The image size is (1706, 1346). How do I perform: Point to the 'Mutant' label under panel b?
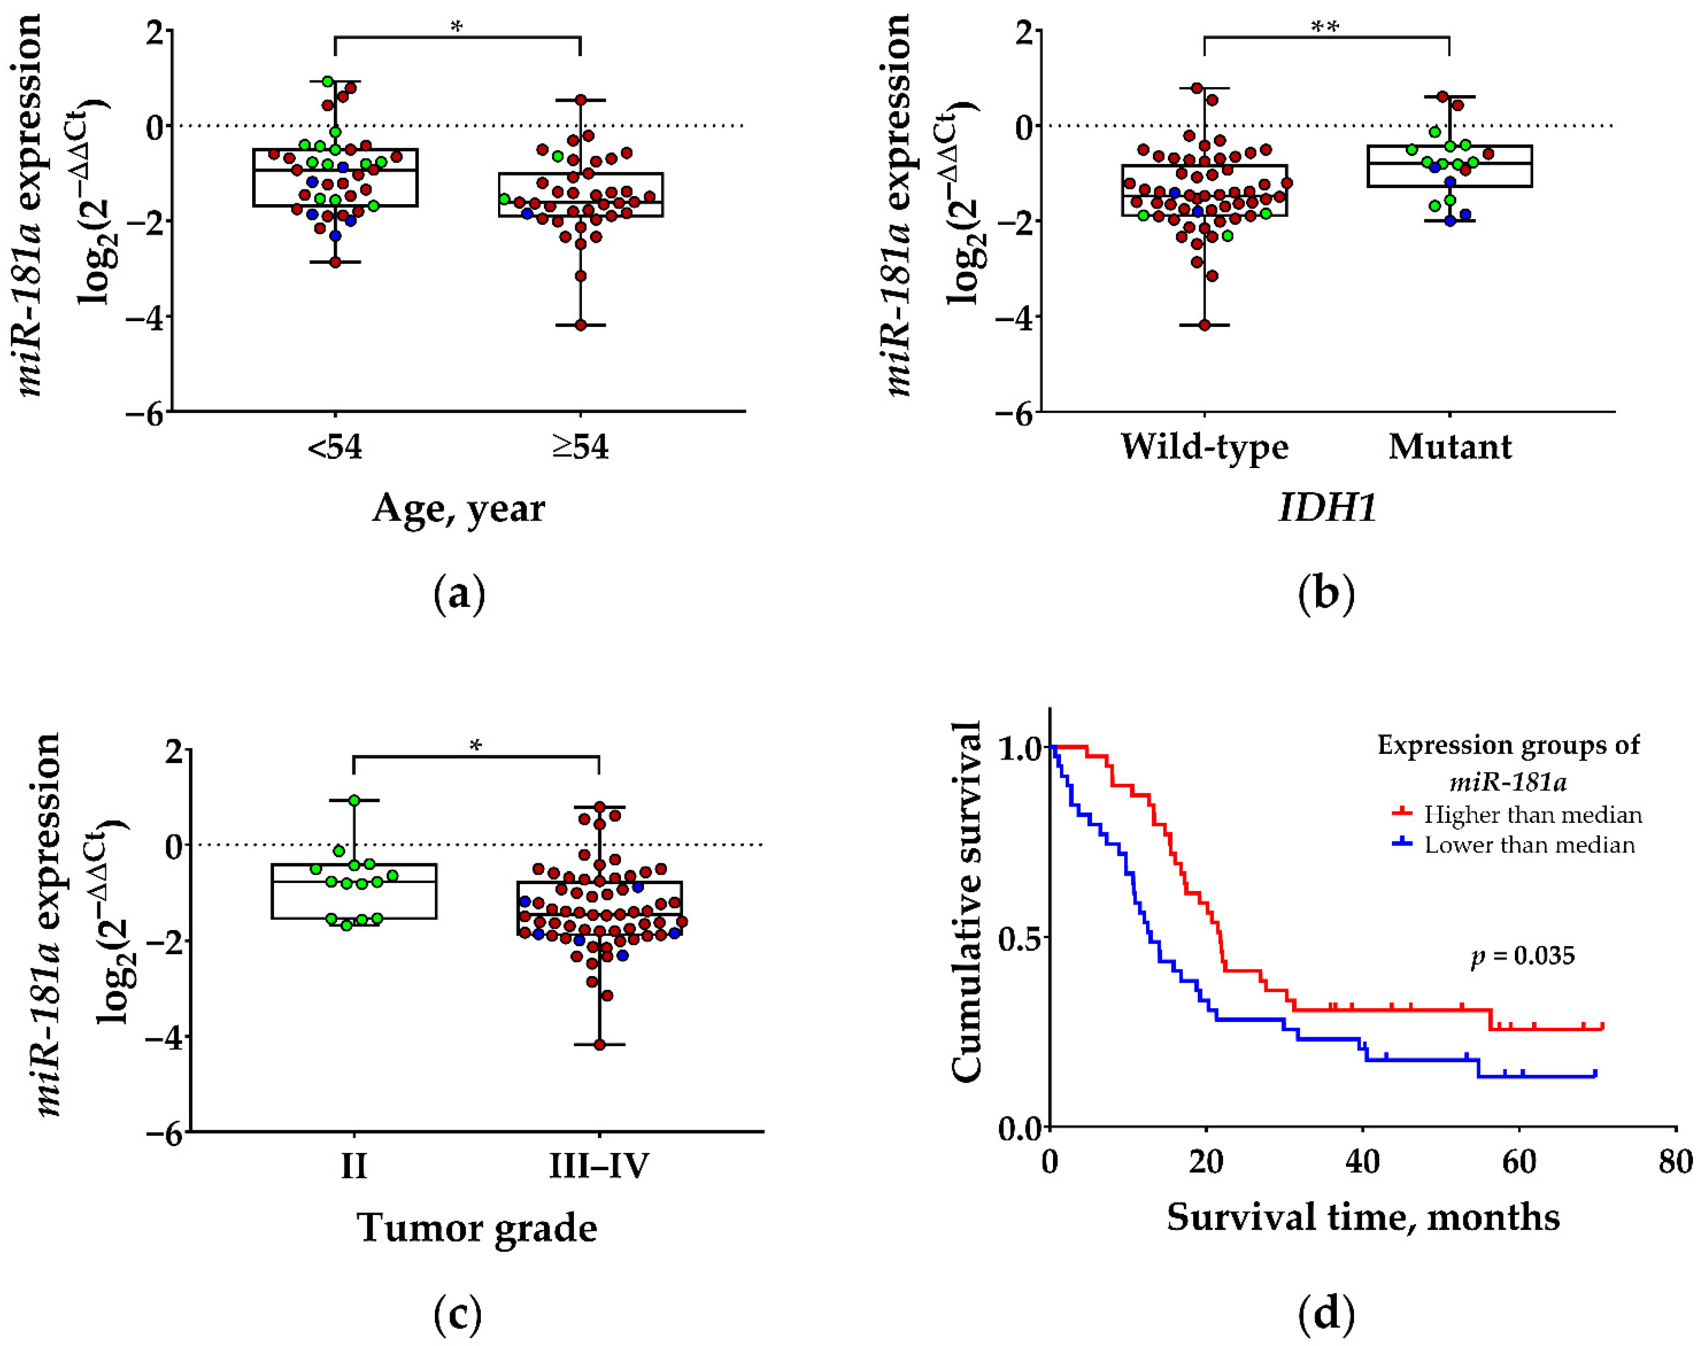click(1450, 447)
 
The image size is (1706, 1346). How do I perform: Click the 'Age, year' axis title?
click(459, 508)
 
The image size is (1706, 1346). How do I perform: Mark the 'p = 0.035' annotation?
click(1522, 957)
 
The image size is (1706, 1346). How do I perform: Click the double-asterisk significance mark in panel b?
click(1325, 27)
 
